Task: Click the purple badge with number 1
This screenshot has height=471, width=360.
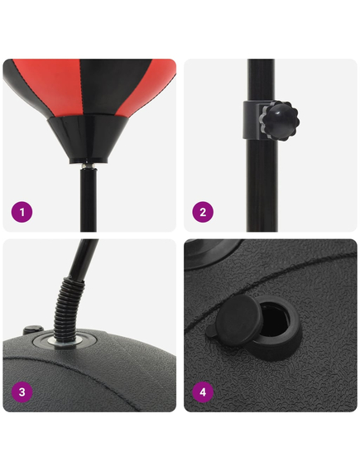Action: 22,212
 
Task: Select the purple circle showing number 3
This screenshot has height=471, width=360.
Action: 22,392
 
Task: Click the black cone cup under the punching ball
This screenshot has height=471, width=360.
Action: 86,137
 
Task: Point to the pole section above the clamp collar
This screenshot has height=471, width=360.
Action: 260,79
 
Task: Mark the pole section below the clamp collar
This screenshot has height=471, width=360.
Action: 260,182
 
